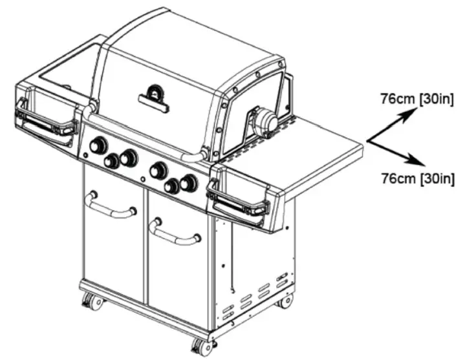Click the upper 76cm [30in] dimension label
(x=418, y=99)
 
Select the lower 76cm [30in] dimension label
(x=418, y=178)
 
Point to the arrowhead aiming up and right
(x=409, y=112)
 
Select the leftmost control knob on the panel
(x=98, y=146)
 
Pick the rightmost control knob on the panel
(x=188, y=183)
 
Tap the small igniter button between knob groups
(x=141, y=178)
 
